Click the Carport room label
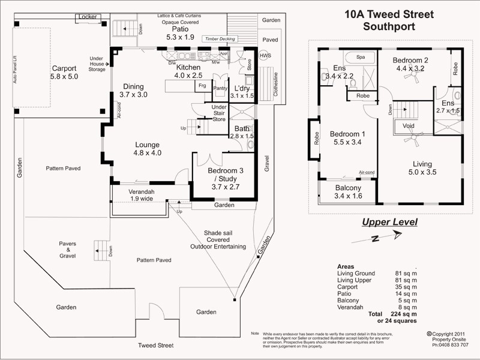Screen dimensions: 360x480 coord(64,68)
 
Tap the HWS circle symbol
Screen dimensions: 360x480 coord(265,56)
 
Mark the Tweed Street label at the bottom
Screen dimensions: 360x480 coord(155,346)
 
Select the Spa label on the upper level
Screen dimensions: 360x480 coord(361,57)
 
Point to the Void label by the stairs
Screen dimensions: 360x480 coord(409,126)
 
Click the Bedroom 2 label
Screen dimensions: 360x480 coord(410,60)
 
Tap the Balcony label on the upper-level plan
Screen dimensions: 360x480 coord(347,187)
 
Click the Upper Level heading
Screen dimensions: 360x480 coord(389,223)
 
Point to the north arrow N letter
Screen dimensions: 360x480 coord(374,238)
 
